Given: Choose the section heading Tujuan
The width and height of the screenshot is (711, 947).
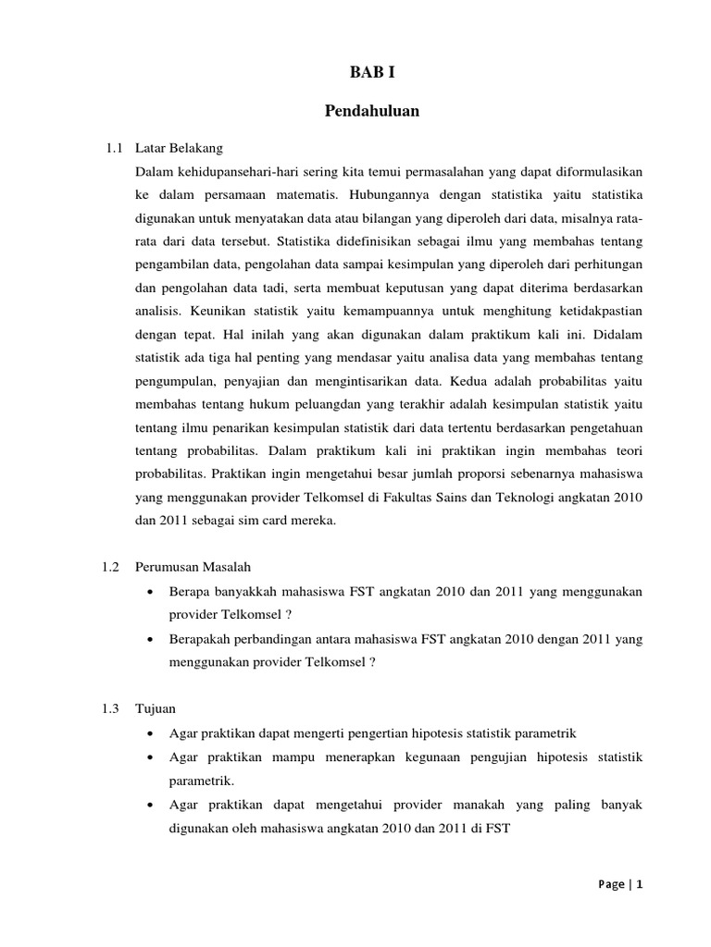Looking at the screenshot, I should [155, 708].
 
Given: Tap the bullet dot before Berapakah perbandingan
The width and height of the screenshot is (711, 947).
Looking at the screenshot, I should [150, 639].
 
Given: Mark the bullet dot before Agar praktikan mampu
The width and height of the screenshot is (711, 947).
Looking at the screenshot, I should [150, 756].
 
